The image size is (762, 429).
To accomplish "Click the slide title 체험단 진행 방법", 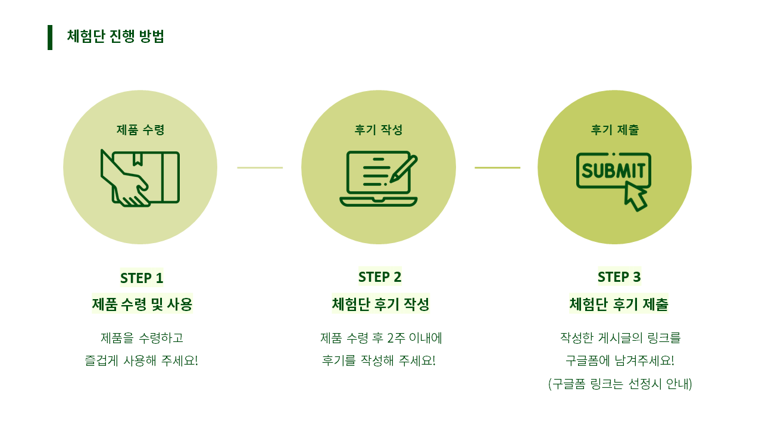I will (x=115, y=36).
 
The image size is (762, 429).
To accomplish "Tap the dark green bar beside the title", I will (x=50, y=38).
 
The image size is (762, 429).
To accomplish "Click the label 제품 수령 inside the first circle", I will (x=140, y=130).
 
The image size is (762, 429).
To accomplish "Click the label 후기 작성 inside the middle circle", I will (x=379, y=130).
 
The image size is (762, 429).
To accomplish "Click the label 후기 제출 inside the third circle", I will (x=615, y=130).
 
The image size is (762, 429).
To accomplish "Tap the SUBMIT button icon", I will (x=613, y=171).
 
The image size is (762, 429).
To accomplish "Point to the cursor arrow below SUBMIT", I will (x=635, y=197).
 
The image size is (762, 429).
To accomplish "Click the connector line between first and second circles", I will (x=260, y=167).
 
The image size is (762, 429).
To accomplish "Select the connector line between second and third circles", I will (x=497, y=167).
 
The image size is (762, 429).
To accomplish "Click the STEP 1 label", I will (x=142, y=278).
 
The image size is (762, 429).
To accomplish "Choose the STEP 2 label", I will (x=380, y=277).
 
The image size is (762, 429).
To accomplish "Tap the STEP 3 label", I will (x=619, y=277).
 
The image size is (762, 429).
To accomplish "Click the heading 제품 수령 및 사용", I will (x=142, y=304).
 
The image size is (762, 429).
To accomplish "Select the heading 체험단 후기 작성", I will (x=380, y=304).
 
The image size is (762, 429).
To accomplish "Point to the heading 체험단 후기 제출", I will (x=619, y=304).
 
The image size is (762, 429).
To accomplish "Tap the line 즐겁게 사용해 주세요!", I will (x=142, y=361).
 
